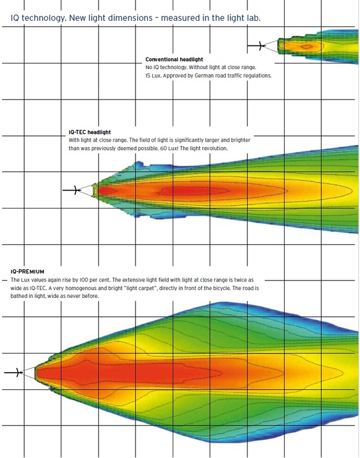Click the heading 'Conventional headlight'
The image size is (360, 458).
[174, 60]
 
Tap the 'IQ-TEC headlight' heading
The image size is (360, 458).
[89, 133]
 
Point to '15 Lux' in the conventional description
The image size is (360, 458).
[155, 75]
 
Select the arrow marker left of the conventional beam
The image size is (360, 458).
[256, 46]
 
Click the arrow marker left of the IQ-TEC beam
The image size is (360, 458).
[70, 191]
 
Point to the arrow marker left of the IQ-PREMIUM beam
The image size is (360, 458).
[13, 373]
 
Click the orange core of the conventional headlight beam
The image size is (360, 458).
[307, 46]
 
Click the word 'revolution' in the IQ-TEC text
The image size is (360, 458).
[213, 148]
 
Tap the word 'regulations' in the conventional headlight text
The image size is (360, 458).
[256, 75]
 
